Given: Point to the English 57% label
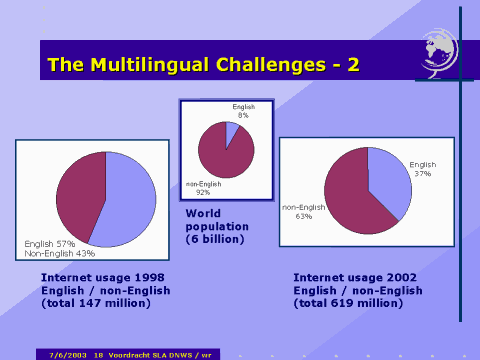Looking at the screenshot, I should coord(52,243).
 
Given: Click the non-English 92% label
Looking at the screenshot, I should coord(203,187).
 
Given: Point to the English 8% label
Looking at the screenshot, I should coord(244,110).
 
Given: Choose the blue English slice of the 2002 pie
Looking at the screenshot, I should coord(389,184).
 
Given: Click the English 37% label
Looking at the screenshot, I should coord(424,168).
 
